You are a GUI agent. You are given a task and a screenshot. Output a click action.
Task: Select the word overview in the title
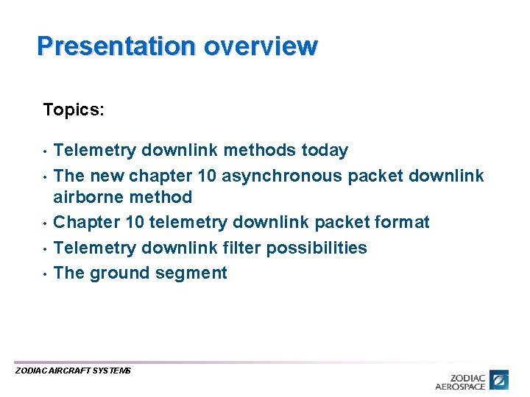click(261, 46)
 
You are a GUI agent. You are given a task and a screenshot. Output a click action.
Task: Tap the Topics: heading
click(74, 110)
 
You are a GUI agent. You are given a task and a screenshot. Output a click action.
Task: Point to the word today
click(325, 151)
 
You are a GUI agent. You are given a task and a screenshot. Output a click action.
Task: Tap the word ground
click(115, 273)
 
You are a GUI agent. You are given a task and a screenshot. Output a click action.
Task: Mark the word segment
click(194, 273)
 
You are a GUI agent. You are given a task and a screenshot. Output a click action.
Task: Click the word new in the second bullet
click(107, 176)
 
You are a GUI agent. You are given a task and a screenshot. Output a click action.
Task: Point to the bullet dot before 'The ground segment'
click(45, 273)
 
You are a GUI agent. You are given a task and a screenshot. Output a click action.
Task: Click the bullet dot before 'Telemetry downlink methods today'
click(45, 151)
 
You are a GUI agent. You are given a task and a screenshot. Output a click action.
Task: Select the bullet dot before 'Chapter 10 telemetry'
click(45, 223)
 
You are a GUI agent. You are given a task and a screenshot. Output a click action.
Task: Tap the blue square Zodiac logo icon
click(500, 380)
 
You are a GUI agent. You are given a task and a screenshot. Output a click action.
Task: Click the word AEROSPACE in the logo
click(460, 386)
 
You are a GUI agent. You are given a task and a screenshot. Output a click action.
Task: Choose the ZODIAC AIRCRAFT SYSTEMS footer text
click(73, 371)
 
